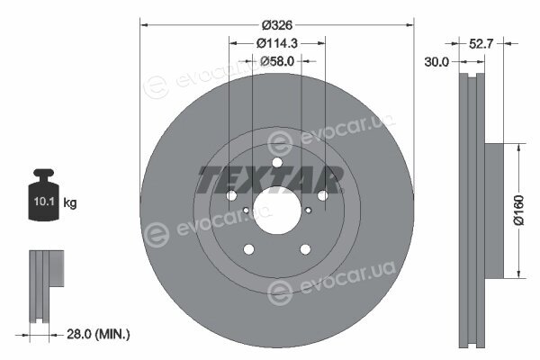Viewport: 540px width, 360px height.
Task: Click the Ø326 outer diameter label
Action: pos(277,25)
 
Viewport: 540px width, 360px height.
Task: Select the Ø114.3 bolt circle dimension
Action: pos(277,43)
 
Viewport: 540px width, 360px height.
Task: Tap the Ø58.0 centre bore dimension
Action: pos(277,61)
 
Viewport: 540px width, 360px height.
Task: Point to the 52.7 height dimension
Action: pos(481,44)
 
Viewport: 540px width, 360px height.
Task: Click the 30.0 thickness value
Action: pos(436,62)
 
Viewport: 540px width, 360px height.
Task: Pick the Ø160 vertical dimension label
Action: pos(518,210)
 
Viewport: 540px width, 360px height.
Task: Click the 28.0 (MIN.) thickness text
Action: pos(98,334)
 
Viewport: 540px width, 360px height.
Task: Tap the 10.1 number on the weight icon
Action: pos(44,202)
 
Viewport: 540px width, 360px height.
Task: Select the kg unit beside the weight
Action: pos(70,202)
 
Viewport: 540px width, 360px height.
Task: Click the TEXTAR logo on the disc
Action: pos(271,180)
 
